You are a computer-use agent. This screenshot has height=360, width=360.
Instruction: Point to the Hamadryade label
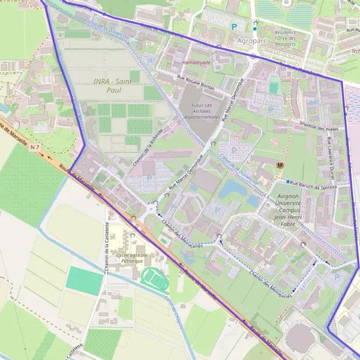(196, 62)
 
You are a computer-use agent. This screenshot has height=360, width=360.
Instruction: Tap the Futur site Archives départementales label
(202, 111)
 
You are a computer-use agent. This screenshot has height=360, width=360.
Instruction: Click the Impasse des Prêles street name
(318, 127)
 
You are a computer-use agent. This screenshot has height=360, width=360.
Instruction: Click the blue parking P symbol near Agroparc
(234, 26)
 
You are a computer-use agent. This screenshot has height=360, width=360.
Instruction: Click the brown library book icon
(279, 164)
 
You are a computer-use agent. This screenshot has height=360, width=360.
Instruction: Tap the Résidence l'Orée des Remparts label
(285, 38)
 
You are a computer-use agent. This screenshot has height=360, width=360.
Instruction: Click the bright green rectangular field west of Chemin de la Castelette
(85, 281)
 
